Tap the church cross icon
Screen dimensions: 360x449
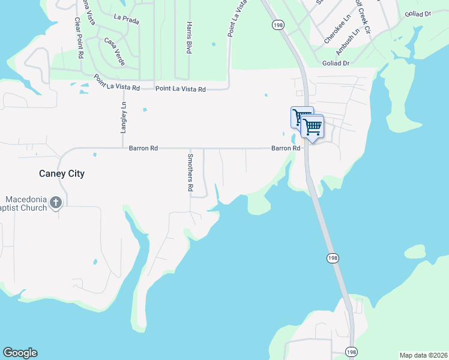(x=56, y=203)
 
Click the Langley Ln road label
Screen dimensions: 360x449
(x=124, y=117)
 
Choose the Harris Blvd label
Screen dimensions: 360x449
(x=188, y=38)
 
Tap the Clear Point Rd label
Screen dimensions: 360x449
(x=79, y=37)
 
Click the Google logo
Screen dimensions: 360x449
(x=20, y=353)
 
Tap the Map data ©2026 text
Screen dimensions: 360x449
(x=423, y=355)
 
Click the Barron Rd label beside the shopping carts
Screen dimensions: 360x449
(x=285, y=148)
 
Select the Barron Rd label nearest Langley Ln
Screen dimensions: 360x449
(x=143, y=147)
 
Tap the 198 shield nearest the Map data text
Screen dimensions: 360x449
(x=352, y=351)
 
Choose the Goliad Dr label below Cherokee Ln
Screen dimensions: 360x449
(x=336, y=63)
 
